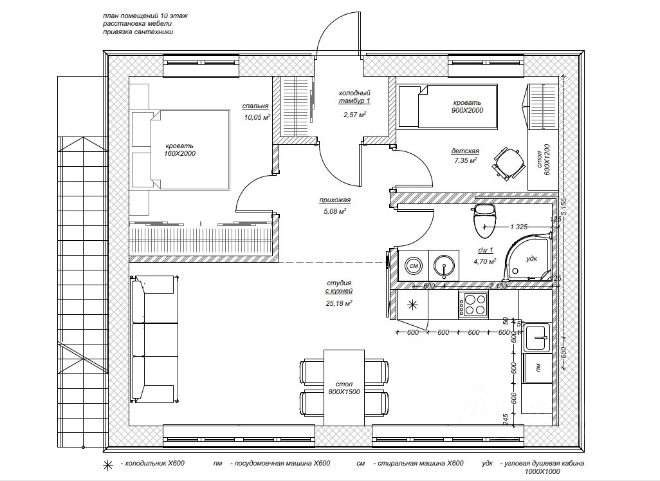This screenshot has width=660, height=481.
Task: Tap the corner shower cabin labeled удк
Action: pyautogui.click(x=529, y=257)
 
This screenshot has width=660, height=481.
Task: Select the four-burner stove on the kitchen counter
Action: pyautogui.click(x=473, y=304)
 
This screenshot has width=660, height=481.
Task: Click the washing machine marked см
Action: pyautogui.click(x=414, y=265)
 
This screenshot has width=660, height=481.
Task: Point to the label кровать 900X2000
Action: pyautogui.click(x=466, y=106)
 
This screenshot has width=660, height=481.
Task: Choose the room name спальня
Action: pyautogui.click(x=255, y=106)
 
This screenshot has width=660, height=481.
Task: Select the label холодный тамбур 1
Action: pyautogui.click(x=354, y=97)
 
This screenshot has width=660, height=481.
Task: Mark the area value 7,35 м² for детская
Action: pyautogui.click(x=464, y=161)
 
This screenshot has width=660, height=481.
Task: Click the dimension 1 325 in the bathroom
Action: pyautogui.click(x=518, y=227)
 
